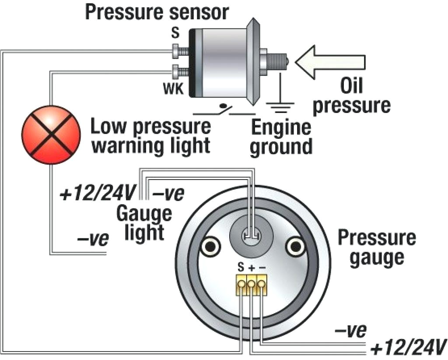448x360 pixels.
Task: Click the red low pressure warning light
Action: pyautogui.click(x=52, y=134)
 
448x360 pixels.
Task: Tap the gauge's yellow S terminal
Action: pyautogui.click(x=241, y=284)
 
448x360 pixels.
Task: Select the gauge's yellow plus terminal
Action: pyautogui.click(x=252, y=284)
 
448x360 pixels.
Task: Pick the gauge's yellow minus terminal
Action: pyautogui.click(x=262, y=284)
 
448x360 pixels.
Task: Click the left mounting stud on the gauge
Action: pyautogui.click(x=210, y=247)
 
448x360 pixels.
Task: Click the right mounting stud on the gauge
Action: pyautogui.click(x=294, y=247)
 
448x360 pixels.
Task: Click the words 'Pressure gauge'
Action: pyautogui.click(x=376, y=248)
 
